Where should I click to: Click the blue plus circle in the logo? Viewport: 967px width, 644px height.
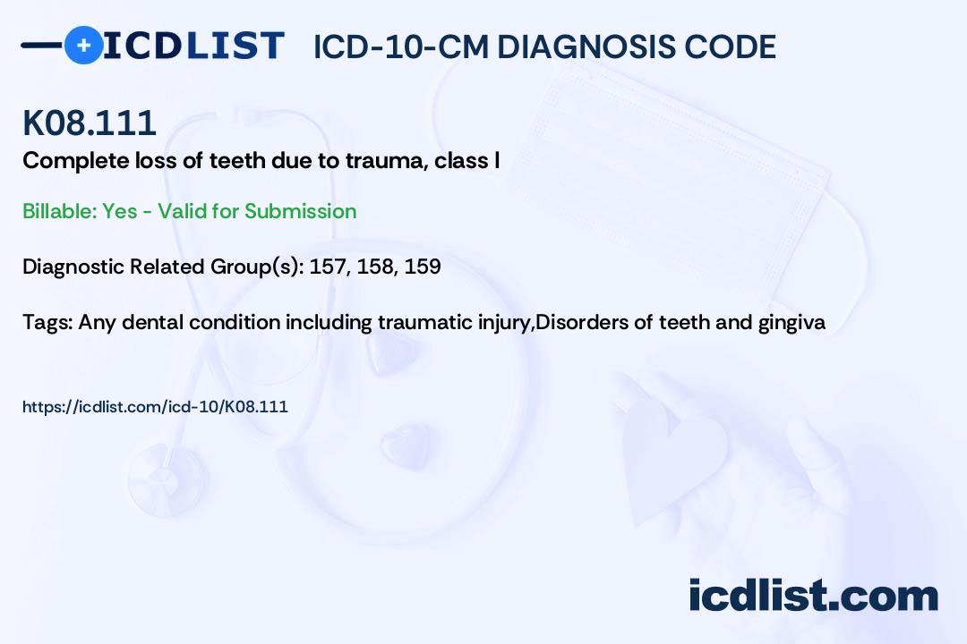83,45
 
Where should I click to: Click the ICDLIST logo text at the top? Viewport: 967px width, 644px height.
193,45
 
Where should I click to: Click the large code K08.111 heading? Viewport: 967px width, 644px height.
90,123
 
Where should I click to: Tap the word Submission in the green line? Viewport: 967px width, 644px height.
300,211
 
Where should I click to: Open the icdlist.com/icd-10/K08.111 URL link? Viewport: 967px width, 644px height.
155,407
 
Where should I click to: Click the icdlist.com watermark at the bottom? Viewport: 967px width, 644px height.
813,595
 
